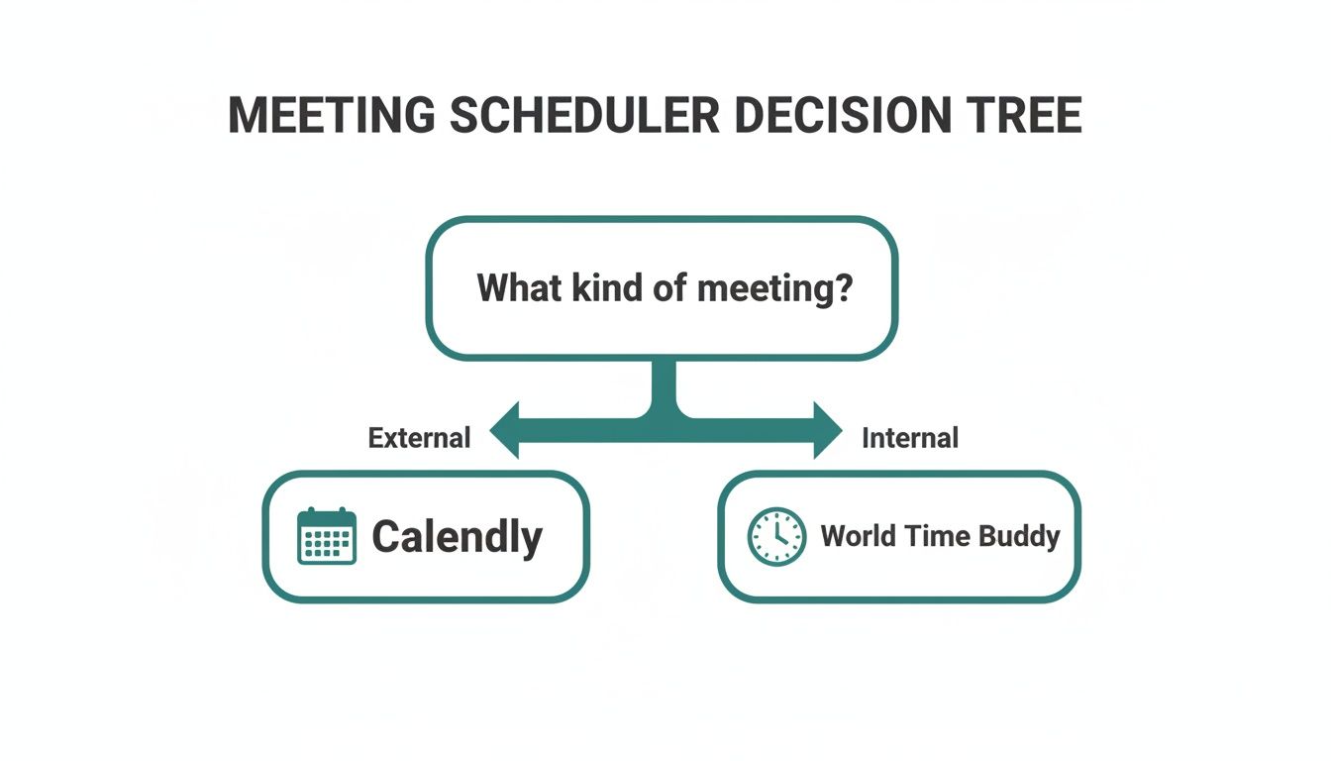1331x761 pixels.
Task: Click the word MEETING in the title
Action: pos(331,116)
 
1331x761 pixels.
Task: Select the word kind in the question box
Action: pos(601,288)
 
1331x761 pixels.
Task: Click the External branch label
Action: pos(419,438)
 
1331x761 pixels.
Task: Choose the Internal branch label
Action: pos(910,438)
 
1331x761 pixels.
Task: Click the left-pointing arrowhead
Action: pos(507,430)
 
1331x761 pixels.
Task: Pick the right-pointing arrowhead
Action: pos(826,430)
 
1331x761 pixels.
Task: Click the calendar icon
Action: pos(327,537)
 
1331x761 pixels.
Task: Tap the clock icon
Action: pos(776,537)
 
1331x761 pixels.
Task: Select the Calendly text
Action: pos(457,537)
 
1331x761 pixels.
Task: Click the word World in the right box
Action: pos(858,537)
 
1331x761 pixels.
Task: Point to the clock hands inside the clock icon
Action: pos(779,535)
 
